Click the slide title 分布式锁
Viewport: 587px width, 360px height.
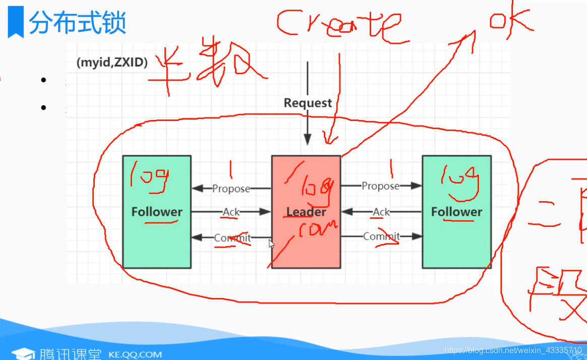[77, 23]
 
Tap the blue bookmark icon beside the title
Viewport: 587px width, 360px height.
[16, 23]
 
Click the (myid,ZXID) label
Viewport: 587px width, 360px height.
[112, 63]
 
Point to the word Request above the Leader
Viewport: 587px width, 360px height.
[308, 103]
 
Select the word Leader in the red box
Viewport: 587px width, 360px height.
[306, 212]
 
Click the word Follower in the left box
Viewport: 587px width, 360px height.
[157, 212]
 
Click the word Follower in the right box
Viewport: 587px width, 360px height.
[456, 212]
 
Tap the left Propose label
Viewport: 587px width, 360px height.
[231, 189]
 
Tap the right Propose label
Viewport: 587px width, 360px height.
[380, 186]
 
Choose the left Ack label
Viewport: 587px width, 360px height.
[231, 212]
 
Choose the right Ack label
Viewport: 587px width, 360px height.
[381, 212]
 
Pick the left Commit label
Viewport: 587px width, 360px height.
[232, 238]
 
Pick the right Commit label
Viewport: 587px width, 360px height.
[382, 236]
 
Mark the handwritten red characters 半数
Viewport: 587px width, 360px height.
[207, 63]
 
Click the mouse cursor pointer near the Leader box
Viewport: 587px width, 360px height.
[271, 244]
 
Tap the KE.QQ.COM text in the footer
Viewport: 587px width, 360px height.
[135, 354]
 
